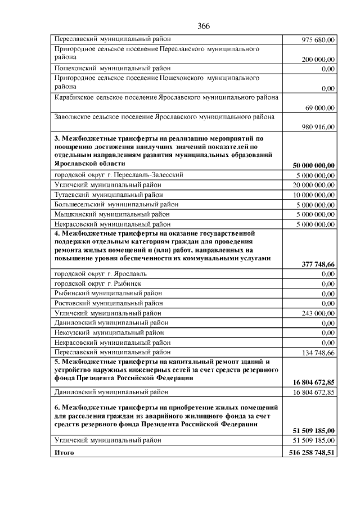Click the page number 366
(204, 26)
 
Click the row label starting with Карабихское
(166, 97)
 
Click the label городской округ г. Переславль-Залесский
(119, 175)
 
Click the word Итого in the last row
(64, 452)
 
